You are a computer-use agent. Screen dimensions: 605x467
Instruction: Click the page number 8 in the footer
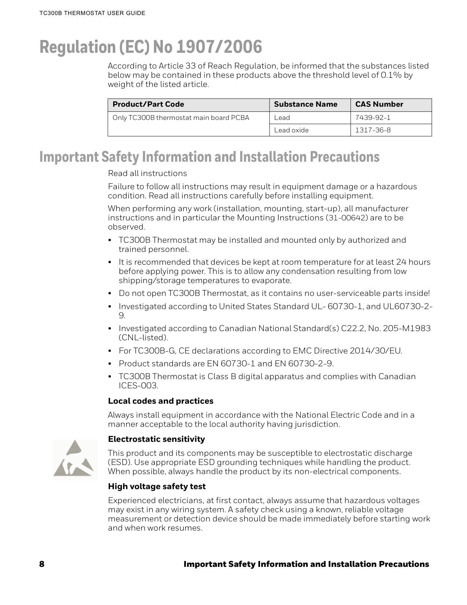[42, 564]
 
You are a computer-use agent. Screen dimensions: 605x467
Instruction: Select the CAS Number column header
[379, 104]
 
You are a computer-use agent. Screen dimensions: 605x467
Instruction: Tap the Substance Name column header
[305, 104]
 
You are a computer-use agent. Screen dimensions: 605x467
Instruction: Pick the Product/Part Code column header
[148, 104]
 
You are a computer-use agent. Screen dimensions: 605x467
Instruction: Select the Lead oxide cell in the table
[292, 130]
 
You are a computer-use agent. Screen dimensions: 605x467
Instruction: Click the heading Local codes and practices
[160, 401]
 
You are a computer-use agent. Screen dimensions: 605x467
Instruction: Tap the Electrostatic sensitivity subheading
[156, 439]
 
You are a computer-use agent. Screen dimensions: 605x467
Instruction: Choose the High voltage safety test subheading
[157, 487]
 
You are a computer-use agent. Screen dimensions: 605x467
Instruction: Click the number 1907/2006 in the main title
[219, 47]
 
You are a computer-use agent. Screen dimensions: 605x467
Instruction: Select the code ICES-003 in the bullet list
[138, 386]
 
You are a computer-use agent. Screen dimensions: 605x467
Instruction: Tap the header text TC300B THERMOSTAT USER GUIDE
[92, 13]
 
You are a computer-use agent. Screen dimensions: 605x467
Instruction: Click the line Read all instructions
[147, 173]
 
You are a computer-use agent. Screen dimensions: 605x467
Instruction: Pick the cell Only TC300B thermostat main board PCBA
[181, 118]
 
